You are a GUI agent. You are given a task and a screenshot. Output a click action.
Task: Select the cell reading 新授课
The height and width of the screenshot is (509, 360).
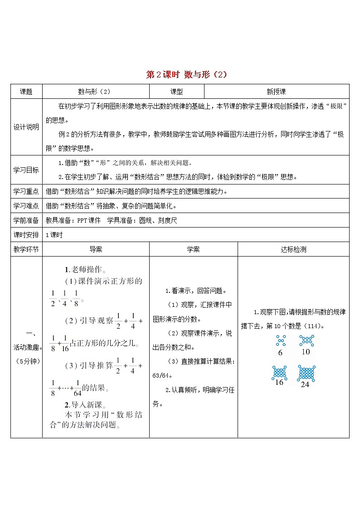point(276,91)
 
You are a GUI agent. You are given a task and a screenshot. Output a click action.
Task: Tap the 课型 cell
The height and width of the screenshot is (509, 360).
point(176,91)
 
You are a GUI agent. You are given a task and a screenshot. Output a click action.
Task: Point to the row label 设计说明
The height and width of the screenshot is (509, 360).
point(26,127)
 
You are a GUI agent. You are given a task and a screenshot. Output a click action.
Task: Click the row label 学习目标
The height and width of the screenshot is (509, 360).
point(26,170)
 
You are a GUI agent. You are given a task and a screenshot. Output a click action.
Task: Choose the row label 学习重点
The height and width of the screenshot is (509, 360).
point(26,191)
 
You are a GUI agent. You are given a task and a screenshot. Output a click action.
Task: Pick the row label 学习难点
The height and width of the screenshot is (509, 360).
point(26,206)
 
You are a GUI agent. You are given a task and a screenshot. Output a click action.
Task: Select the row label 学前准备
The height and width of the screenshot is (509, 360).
point(26,220)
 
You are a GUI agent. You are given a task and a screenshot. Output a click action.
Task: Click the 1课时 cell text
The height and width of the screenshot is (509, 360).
point(54,235)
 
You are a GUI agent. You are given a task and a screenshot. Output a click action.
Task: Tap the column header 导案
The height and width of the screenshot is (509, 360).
point(96,249)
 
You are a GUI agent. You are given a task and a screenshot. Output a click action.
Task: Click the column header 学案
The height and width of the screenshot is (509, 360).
point(193,249)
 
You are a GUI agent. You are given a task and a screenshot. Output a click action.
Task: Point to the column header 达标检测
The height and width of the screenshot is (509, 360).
point(293,249)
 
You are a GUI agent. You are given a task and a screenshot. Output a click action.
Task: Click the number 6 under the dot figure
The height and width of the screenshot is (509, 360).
point(280,353)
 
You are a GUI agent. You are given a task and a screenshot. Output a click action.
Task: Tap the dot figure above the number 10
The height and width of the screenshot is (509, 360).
point(306,341)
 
